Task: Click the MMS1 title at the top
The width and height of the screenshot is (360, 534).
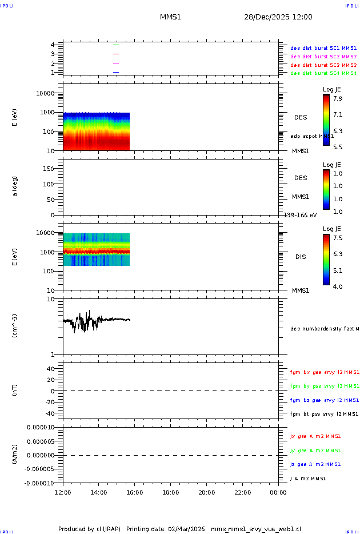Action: tap(170, 17)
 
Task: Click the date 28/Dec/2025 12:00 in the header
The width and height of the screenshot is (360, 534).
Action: tap(278, 17)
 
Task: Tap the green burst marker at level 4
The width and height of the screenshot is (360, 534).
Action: tap(116, 45)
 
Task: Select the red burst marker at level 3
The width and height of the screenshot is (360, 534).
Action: tap(116, 54)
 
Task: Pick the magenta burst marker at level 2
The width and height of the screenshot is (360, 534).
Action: tap(116, 63)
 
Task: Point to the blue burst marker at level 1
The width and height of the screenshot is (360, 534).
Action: tap(116, 72)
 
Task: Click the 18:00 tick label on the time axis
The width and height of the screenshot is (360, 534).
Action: tap(171, 492)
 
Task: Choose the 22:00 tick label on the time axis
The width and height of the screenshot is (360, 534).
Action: tap(243, 492)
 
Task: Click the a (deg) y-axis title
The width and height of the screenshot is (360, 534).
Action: tap(15, 186)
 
